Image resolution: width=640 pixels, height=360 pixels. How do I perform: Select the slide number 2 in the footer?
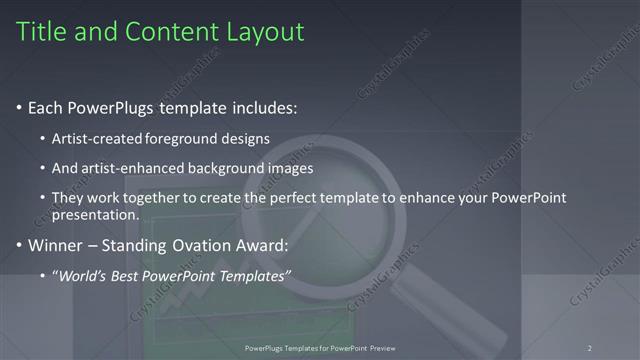pyautogui.click(x=590, y=348)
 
